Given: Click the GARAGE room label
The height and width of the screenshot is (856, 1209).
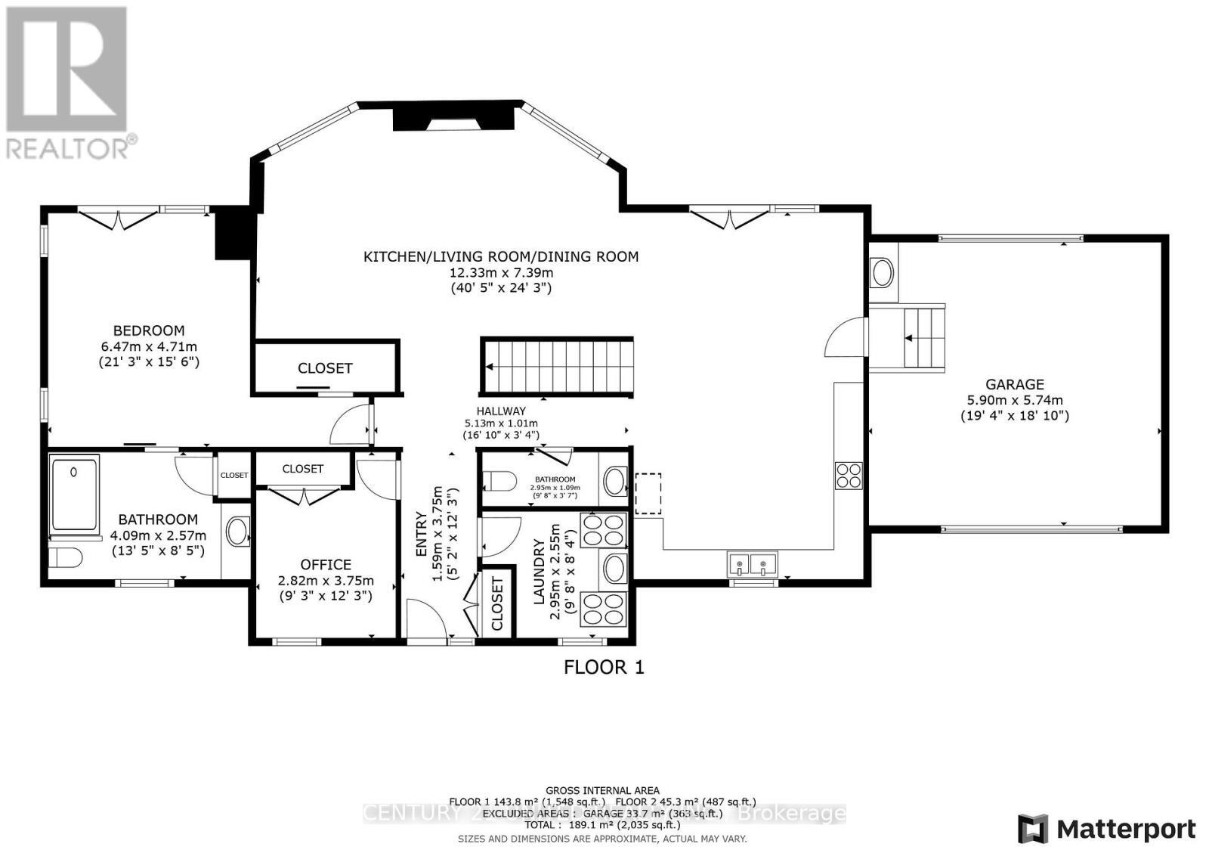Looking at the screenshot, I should (x=1014, y=384).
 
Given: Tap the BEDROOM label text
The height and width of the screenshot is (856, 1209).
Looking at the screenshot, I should (x=149, y=330).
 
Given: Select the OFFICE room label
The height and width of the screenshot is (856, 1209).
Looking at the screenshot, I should (x=326, y=565).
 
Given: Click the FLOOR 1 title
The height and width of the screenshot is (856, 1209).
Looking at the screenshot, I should (x=604, y=667).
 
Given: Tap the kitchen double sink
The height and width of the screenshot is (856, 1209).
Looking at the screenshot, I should (x=753, y=563).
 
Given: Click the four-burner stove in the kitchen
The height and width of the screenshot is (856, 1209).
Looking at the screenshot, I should (x=849, y=475).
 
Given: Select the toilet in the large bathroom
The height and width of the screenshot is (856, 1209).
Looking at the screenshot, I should (x=65, y=559).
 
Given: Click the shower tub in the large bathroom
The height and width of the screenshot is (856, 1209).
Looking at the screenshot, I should (x=75, y=492).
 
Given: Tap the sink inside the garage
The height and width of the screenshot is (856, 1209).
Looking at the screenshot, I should (x=882, y=272).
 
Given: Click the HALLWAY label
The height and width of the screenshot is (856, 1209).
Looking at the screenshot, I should (x=501, y=411).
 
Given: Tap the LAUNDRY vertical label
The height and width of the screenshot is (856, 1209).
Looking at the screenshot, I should (x=540, y=572).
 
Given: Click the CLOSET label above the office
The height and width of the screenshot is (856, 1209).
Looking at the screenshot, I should (x=303, y=469).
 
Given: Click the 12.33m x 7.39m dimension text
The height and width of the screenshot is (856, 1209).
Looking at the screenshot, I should (x=501, y=272).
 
